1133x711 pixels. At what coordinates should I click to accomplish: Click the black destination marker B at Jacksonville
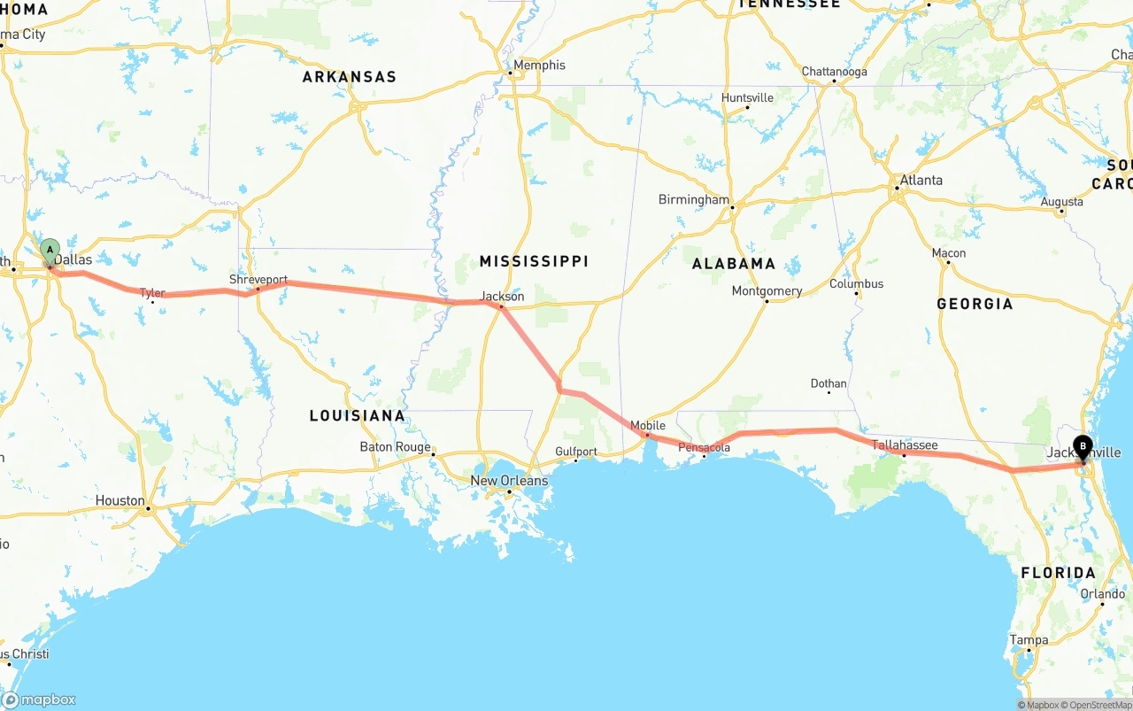click(x=1082, y=448)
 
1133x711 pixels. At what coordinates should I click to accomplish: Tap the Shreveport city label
click(x=258, y=280)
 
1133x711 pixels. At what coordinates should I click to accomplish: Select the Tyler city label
click(x=152, y=292)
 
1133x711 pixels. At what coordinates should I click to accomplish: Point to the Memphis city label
click(x=539, y=66)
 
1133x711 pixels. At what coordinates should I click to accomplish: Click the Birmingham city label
click(x=694, y=200)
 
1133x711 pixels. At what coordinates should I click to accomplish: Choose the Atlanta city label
click(x=921, y=181)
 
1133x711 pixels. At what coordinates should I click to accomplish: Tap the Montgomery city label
click(x=767, y=291)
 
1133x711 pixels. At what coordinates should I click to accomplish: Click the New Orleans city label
click(x=509, y=481)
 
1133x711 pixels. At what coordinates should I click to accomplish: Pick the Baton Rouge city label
click(x=395, y=447)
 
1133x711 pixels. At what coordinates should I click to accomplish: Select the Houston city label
click(x=120, y=501)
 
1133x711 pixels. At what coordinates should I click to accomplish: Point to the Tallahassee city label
click(x=905, y=444)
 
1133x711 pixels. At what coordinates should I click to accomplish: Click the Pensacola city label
click(x=705, y=448)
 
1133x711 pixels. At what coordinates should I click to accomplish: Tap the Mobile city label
click(x=648, y=426)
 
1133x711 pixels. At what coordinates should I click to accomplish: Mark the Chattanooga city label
click(x=835, y=72)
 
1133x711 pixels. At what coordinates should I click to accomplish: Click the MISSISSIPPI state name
click(x=534, y=261)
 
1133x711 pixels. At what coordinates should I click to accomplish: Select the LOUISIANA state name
click(x=357, y=416)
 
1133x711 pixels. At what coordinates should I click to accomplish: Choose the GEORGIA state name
click(x=975, y=304)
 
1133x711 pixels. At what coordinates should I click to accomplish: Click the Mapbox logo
click(x=39, y=699)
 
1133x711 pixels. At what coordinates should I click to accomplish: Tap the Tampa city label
click(x=1029, y=640)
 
